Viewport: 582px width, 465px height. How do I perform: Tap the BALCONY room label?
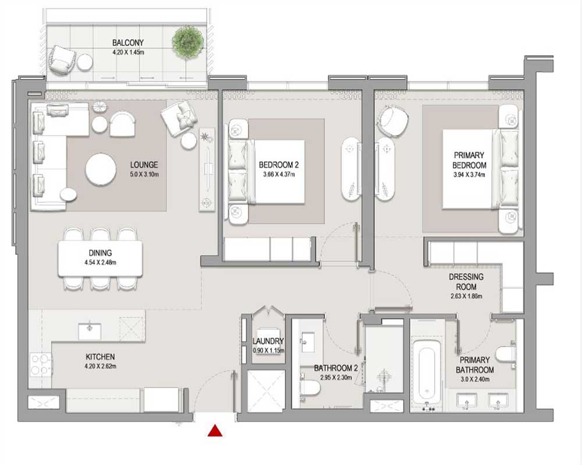click(x=128, y=43)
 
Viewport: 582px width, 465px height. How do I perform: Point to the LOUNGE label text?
click(x=144, y=165)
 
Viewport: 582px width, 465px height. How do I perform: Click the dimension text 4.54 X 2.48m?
click(x=100, y=262)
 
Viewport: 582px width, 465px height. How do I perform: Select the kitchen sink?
click(x=89, y=330)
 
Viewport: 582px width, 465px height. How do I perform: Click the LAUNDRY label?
click(x=268, y=341)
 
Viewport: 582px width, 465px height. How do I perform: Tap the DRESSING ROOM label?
click(x=466, y=282)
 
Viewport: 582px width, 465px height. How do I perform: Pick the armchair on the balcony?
click(x=61, y=59)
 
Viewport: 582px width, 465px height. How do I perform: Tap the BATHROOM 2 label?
click(x=336, y=368)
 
